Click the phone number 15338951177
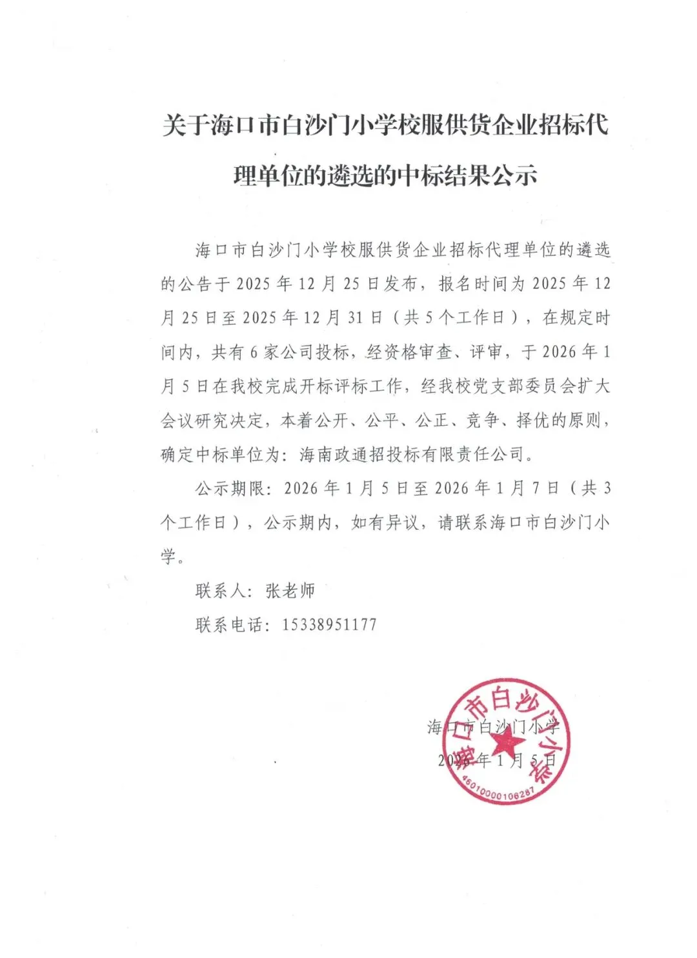coord(329,624)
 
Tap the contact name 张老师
coord(290,590)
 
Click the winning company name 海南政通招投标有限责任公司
coord(412,454)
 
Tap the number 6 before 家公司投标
coord(254,352)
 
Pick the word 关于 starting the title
coord(185,125)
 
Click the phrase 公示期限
coord(230,488)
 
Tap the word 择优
coord(533,420)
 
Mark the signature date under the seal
coord(497,760)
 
